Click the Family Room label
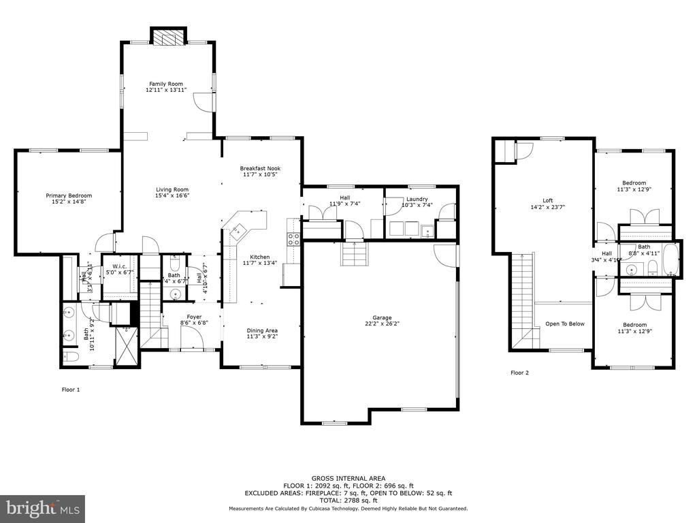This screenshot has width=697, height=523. pyautogui.click(x=165, y=84)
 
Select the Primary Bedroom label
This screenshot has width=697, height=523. pyautogui.click(x=69, y=195)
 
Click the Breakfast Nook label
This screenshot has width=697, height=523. pyautogui.click(x=260, y=168)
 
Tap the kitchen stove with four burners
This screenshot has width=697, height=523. pyautogui.click(x=295, y=238)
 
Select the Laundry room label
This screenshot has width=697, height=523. pyautogui.click(x=415, y=199)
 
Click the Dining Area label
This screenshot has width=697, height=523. pyautogui.click(x=262, y=330)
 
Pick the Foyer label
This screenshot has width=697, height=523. pyautogui.click(x=194, y=316)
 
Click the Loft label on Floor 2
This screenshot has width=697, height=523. pyautogui.click(x=547, y=201)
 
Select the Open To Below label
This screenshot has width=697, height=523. pyautogui.click(x=564, y=323)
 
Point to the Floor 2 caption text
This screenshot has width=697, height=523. pyautogui.click(x=519, y=373)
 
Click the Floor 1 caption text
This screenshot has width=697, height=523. pyautogui.click(x=71, y=390)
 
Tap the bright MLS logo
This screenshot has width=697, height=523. pyautogui.click(x=42, y=507)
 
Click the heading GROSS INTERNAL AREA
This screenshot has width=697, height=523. pyautogui.click(x=348, y=478)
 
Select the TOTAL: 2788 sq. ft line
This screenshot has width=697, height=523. pyautogui.click(x=348, y=500)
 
